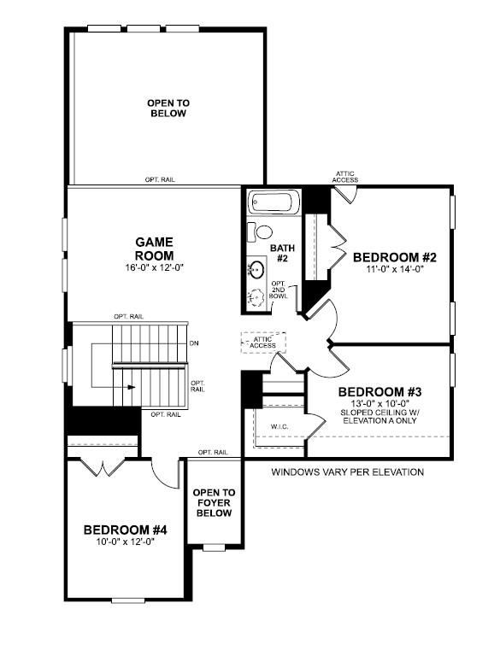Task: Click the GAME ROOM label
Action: pyautogui.click(x=154, y=249)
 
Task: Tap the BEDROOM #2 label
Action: pyautogui.click(x=395, y=257)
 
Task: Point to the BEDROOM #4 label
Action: pyautogui.click(x=125, y=530)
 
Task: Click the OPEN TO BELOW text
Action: pyautogui.click(x=168, y=108)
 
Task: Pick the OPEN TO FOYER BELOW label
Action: pyautogui.click(x=214, y=503)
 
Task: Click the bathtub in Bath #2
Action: pyautogui.click(x=274, y=204)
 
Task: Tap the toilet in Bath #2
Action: pyautogui.click(x=261, y=231)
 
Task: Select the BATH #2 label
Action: pyautogui.click(x=282, y=254)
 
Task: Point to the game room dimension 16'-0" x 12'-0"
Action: pyautogui.click(x=154, y=268)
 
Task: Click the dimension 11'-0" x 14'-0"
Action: pyautogui.click(x=395, y=269)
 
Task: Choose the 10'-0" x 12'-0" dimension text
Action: pyautogui.click(x=125, y=542)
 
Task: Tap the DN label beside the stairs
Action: pyautogui.click(x=196, y=344)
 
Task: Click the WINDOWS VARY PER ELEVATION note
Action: pyautogui.click(x=347, y=472)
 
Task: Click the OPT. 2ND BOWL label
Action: pyautogui.click(x=279, y=290)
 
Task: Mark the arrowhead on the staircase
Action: pyautogui.click(x=132, y=386)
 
